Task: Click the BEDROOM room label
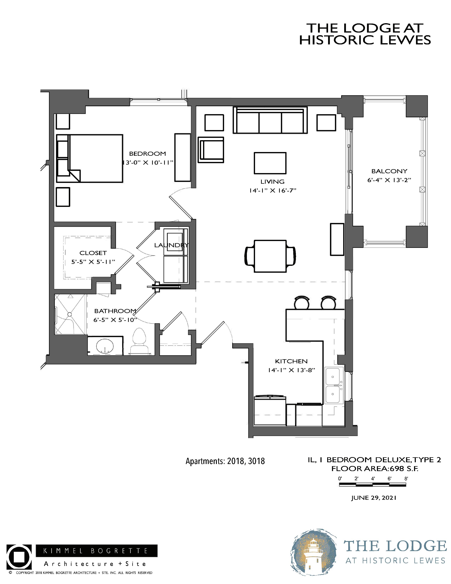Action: click(x=148, y=154)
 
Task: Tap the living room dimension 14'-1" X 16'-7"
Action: click(x=273, y=191)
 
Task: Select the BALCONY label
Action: click(x=389, y=171)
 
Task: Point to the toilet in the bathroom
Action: click(x=140, y=342)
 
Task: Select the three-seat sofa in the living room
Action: click(x=270, y=120)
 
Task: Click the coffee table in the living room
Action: click(x=270, y=163)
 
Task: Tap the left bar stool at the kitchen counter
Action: click(x=302, y=303)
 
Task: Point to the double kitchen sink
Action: click(x=334, y=385)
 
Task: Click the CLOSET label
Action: click(x=93, y=253)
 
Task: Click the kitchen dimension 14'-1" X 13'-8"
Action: click(x=291, y=370)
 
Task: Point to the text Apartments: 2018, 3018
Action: click(x=225, y=461)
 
